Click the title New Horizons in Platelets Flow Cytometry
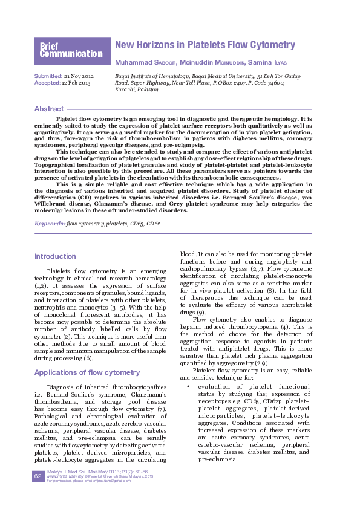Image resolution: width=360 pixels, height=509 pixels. click(x=205, y=45)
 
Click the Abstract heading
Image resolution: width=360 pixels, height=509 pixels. click(x=49, y=109)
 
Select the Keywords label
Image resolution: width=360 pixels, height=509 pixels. click(x=49, y=224)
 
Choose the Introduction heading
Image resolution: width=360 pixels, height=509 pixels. click(x=55, y=256)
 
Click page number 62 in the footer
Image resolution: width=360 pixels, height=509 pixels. click(x=37, y=494)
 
